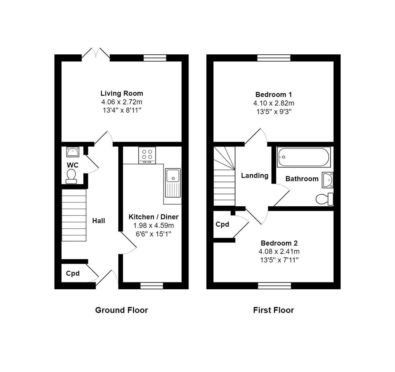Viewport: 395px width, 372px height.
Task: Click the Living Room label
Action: point(122,93)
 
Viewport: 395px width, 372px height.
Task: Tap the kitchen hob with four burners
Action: point(147,155)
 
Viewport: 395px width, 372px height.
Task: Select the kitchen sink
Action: point(173,183)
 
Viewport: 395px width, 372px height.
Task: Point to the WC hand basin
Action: point(73,152)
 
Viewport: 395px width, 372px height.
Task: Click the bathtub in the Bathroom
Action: point(304,157)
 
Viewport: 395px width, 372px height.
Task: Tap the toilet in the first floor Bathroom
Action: point(324,199)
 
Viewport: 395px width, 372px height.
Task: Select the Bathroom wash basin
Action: point(328,180)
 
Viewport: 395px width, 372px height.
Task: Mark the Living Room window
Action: point(155,58)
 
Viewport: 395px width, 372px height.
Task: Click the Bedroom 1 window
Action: point(274,58)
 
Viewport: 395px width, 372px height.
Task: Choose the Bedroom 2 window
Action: point(274,286)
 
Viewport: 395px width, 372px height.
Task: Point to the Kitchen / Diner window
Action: point(152,286)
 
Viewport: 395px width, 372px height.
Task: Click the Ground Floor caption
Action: point(121,310)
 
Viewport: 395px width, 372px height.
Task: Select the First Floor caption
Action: point(273,310)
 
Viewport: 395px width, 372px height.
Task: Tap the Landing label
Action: point(255,176)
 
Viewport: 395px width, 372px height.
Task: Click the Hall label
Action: point(99,221)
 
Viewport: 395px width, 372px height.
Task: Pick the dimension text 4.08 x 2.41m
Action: point(279,251)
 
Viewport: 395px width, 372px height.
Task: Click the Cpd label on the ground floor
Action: point(73,273)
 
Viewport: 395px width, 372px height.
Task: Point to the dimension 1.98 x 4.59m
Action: point(154,226)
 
